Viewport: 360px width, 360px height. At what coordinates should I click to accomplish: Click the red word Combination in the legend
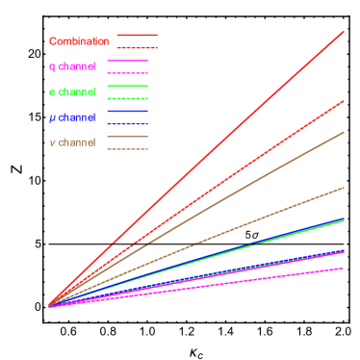tap(79, 42)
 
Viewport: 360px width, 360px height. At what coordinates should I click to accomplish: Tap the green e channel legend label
tap(72, 92)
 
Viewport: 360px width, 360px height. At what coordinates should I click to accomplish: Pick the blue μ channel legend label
tap(72, 117)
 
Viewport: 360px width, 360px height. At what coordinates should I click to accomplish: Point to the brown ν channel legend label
tap(72, 142)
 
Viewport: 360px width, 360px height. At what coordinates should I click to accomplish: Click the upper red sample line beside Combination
tap(137, 36)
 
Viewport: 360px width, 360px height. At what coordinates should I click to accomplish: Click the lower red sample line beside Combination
tap(137, 48)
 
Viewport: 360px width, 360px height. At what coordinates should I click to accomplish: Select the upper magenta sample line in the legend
tap(127, 61)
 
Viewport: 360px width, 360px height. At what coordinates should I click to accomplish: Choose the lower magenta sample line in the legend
tap(127, 73)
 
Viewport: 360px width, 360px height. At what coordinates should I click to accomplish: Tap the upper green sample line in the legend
tap(127, 87)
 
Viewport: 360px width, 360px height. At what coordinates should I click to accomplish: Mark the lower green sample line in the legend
tap(127, 98)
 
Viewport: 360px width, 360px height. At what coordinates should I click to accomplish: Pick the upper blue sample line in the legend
tap(127, 112)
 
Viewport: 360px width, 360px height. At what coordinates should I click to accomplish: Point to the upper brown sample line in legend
tap(127, 137)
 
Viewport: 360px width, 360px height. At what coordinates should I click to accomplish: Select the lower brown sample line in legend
tap(127, 149)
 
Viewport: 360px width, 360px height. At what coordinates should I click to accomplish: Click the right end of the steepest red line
tap(343, 33)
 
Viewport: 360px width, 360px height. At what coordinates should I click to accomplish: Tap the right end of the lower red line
tap(343, 101)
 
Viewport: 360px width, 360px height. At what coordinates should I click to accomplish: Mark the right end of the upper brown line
tap(343, 133)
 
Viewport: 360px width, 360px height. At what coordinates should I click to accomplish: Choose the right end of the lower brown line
tap(343, 188)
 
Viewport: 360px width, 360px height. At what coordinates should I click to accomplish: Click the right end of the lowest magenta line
tap(343, 269)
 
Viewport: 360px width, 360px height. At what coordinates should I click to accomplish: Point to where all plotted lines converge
tap(49, 306)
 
